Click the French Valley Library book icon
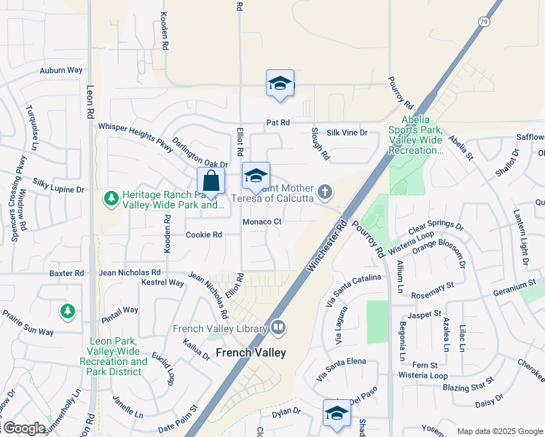[x=277, y=328]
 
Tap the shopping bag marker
[x=211, y=182]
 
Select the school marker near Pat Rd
[x=280, y=84]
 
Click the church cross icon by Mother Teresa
[x=325, y=192]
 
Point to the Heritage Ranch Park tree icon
[x=111, y=198]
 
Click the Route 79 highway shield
[x=485, y=23]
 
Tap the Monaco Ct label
[x=262, y=221]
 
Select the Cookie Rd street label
[x=203, y=235]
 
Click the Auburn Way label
[x=61, y=71]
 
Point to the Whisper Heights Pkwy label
[x=136, y=137]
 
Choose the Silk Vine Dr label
[x=347, y=133]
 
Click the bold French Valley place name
[x=251, y=353]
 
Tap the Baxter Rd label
[x=67, y=273]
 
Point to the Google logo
[x=23, y=428]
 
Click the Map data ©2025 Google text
[x=500, y=431]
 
